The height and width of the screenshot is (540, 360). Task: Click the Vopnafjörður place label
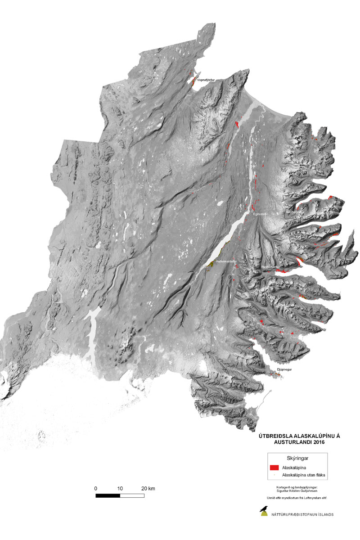[x=206, y=80]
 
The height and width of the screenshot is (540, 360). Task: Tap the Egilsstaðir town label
[x=261, y=214]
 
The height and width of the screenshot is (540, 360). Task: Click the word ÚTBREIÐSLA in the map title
[x=274, y=436]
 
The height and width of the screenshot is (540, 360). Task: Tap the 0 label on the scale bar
[x=96, y=488]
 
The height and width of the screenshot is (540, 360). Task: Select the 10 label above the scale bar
[x=120, y=488]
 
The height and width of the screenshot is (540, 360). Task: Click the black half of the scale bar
[x=108, y=495]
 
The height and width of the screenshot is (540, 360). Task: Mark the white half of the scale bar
[x=132, y=495]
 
